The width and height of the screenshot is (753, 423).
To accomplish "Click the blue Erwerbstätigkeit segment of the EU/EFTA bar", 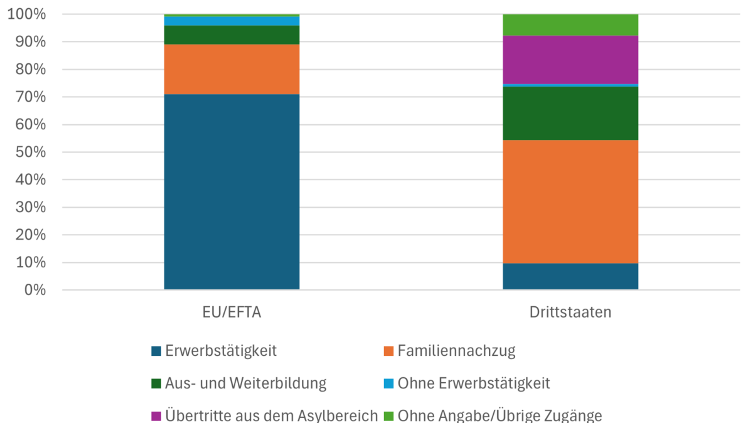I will [x=232, y=191].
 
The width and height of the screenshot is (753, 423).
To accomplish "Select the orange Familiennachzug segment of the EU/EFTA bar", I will [x=232, y=69].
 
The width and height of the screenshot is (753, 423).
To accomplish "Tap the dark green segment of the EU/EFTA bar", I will [x=232, y=35].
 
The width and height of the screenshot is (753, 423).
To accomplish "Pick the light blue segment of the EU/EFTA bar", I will [x=232, y=21].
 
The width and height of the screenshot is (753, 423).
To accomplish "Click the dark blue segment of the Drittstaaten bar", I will [x=570, y=276].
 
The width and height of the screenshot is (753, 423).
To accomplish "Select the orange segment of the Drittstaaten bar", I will [x=570, y=201].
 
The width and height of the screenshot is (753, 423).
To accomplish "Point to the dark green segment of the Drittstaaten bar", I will [x=570, y=113].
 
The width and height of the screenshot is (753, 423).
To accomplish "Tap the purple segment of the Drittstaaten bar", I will [x=570, y=60].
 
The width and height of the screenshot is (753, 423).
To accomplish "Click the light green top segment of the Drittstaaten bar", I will [x=570, y=24].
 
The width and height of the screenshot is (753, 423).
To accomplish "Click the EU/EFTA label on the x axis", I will [x=232, y=312].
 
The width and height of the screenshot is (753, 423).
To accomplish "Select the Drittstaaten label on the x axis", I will [x=570, y=312].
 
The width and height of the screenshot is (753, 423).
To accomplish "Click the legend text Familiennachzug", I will [x=456, y=351].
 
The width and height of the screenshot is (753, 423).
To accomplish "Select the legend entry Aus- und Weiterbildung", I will [x=245, y=383].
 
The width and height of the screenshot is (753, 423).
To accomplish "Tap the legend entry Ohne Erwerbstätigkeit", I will [x=474, y=383].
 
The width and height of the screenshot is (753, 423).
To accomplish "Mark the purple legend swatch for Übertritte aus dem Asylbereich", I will [x=156, y=415].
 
